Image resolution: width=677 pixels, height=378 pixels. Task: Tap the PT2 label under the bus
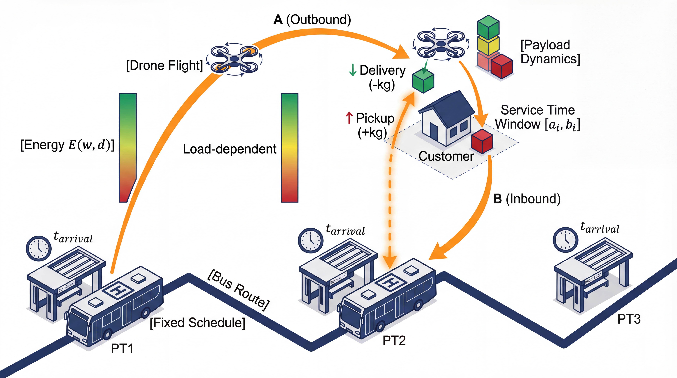pyautogui.click(x=394, y=341)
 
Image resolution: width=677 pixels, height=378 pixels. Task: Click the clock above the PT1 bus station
pyautogui.click(x=39, y=248)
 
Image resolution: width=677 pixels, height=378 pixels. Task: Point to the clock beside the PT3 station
pyautogui.click(x=566, y=240)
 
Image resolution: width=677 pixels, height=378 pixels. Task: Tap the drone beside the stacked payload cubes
pyautogui.click(x=441, y=44)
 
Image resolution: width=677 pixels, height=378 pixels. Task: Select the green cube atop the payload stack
pyautogui.click(x=488, y=27)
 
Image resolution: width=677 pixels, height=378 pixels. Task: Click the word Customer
pyautogui.click(x=446, y=156)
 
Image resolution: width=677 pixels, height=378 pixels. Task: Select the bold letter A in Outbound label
pyautogui.click(x=278, y=19)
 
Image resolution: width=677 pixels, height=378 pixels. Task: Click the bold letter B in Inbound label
pyautogui.click(x=497, y=199)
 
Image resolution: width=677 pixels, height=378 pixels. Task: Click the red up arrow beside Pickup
pyautogui.click(x=349, y=118)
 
